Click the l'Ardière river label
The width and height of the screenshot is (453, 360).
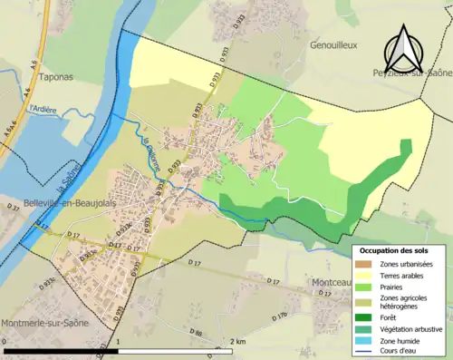click(43, 110)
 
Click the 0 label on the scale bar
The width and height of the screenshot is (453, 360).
click(5, 342)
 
